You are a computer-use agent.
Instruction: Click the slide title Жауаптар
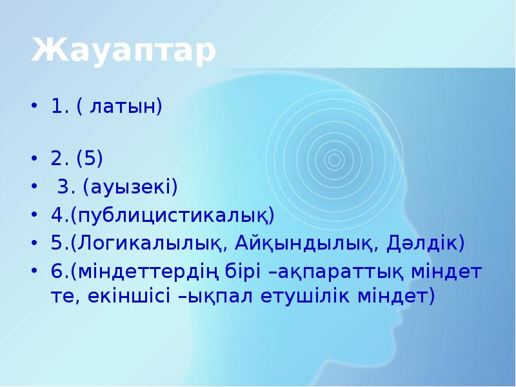(123, 52)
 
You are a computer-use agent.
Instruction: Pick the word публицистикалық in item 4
(172, 215)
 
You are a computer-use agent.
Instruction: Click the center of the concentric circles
(334, 159)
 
